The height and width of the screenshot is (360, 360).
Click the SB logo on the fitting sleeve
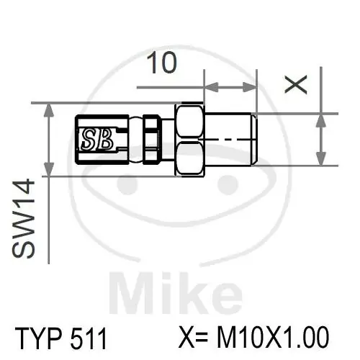[96, 138]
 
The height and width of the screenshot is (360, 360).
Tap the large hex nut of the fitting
[190, 139]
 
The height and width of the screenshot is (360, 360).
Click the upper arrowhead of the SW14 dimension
[48, 109]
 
